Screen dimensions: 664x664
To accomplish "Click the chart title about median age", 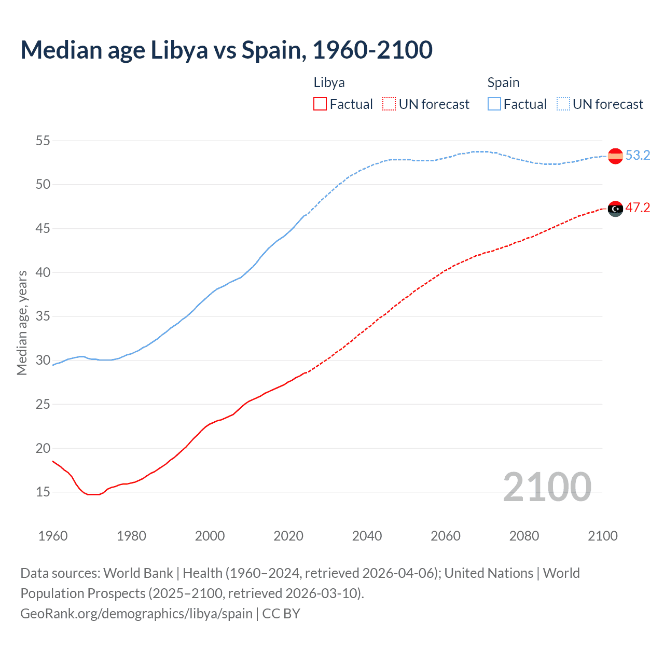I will [x=227, y=50].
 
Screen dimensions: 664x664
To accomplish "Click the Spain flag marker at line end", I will [x=615, y=156].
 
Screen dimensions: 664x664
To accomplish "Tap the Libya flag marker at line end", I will [x=615, y=209].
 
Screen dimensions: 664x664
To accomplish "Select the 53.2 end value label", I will [x=638, y=155].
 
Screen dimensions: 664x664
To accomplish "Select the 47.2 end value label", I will [x=638, y=208].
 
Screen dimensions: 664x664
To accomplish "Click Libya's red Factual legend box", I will [x=320, y=104].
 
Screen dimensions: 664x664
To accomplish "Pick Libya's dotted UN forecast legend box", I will [x=389, y=104].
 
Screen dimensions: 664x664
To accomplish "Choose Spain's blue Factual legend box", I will [x=494, y=104].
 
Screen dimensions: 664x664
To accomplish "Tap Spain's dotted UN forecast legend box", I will [x=563, y=104].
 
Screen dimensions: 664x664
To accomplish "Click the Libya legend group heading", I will [x=329, y=83].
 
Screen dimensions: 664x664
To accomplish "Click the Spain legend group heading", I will [x=503, y=83].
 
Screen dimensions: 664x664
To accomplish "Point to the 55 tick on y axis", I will [x=43, y=141].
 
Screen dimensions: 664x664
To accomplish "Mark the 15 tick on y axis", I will [x=43, y=492].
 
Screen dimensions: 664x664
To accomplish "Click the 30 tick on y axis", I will [x=43, y=360].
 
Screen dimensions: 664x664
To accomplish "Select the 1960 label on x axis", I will [x=53, y=536].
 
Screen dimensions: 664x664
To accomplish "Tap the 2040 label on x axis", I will [x=367, y=536].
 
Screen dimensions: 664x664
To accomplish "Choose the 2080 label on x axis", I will [x=524, y=536].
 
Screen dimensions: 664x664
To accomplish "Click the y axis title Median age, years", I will [x=22, y=323].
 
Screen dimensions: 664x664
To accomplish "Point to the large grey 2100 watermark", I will [x=547, y=487].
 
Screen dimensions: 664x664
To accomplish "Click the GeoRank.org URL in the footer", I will [x=136, y=614].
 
